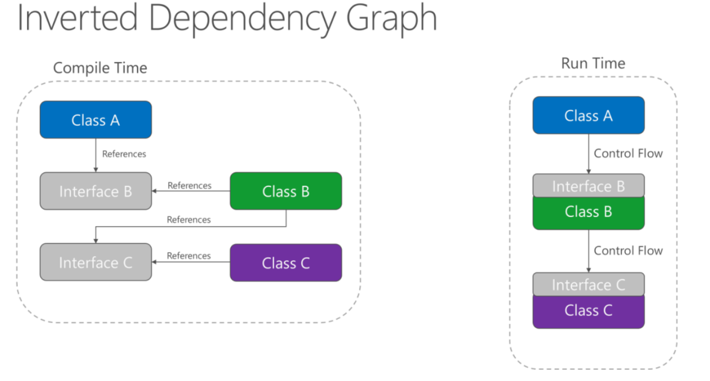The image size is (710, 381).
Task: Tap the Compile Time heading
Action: tap(100, 68)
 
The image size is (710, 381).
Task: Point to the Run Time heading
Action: tap(593, 63)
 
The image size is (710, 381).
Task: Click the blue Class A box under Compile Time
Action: tap(95, 120)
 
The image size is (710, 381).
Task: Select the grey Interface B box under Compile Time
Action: tap(95, 191)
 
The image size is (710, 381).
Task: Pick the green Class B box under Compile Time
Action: tap(286, 191)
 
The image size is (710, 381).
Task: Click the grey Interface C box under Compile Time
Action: tap(95, 262)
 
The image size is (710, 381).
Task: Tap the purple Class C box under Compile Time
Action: tap(286, 263)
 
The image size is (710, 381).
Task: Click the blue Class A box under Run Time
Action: tap(589, 115)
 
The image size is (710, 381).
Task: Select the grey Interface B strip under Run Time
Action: tap(589, 186)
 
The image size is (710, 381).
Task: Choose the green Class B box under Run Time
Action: tap(589, 212)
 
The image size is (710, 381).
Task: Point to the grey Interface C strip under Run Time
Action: tap(589, 285)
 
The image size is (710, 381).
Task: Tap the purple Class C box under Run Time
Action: tap(589, 311)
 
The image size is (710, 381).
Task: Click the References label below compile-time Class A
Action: tap(124, 154)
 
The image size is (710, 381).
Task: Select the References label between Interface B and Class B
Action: tap(189, 185)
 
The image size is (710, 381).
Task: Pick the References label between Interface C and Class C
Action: tap(189, 256)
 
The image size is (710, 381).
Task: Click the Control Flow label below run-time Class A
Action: tap(628, 154)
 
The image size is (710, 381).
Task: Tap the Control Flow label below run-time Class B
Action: tap(628, 251)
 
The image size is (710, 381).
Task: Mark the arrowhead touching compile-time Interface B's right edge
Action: tap(155, 191)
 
